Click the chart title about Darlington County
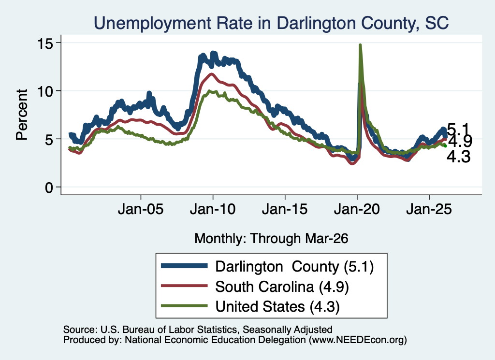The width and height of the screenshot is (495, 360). click(271, 23)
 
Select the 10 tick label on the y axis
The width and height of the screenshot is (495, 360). click(45, 91)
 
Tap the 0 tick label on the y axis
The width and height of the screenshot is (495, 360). click(49, 187)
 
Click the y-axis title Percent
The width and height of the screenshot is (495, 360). click(22, 115)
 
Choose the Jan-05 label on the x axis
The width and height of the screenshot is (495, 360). click(141, 209)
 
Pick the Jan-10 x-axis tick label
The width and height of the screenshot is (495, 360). click(213, 209)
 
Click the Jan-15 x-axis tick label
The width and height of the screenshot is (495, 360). click(285, 209)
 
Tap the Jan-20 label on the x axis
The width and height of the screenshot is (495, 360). click(357, 209)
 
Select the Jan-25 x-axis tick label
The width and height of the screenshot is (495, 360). click(429, 209)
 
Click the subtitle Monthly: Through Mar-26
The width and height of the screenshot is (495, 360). click(271, 239)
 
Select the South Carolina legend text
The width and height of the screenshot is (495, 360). click(282, 287)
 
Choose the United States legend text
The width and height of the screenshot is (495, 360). click(277, 307)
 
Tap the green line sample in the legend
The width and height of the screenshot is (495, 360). click(184, 306)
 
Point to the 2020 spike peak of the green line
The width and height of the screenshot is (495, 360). click(360, 45)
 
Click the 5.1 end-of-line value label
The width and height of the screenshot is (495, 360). click(459, 130)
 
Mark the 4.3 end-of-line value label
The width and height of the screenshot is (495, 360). click(459, 157)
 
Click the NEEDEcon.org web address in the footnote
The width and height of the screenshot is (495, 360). click(358, 340)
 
